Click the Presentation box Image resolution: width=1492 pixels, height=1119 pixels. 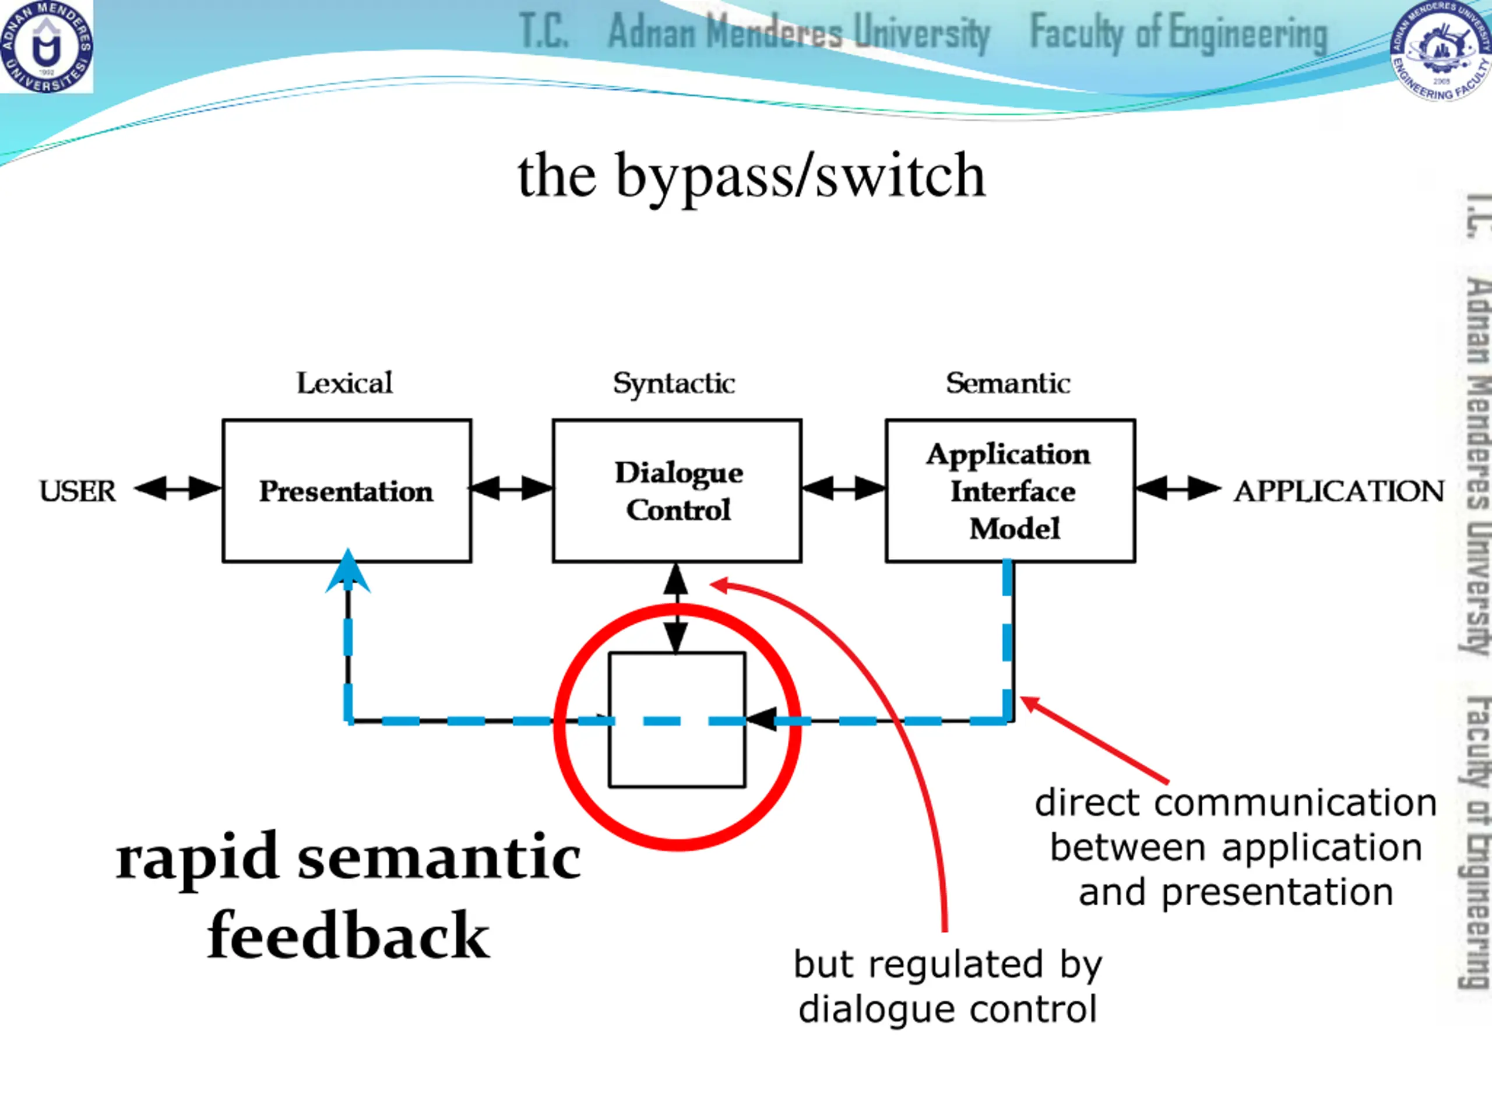point(347,490)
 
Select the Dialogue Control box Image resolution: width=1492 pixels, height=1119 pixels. point(677,490)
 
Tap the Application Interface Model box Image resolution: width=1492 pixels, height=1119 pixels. point(1011,490)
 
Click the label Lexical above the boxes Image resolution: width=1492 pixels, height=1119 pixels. point(344,383)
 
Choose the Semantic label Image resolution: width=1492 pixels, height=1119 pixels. point(1008,383)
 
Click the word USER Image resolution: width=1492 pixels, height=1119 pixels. point(78,491)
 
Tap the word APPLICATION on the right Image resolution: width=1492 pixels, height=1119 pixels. point(1339,491)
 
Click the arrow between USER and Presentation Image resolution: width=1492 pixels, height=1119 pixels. point(177,488)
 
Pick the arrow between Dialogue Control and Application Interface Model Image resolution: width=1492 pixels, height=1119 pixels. point(844,488)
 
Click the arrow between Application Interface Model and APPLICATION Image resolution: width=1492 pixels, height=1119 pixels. point(1178,488)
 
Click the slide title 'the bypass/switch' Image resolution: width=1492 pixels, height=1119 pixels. point(751,176)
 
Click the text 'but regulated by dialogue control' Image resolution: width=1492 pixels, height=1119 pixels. point(948,986)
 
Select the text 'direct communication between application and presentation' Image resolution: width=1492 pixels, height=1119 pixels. point(1236,847)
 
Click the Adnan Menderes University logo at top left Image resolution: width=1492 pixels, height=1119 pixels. point(47,46)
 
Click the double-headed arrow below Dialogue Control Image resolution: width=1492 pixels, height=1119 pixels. point(676,608)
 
